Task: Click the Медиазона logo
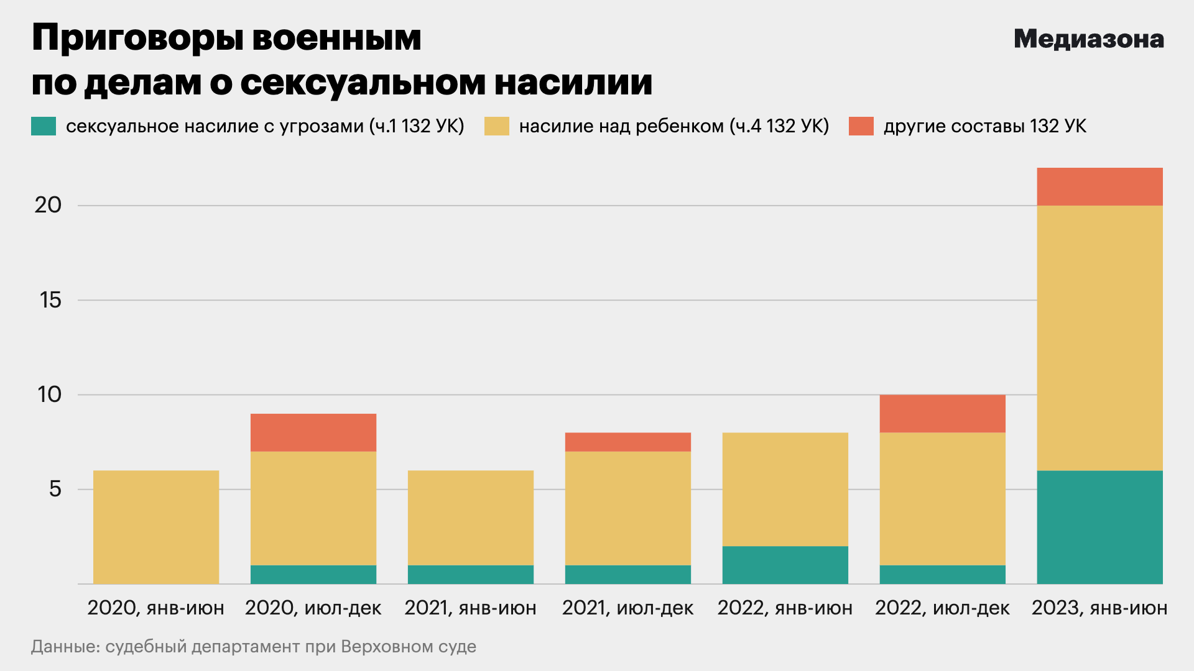point(1088,39)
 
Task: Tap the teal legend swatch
point(44,126)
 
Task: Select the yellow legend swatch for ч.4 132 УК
point(496,126)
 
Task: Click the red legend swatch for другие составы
point(861,126)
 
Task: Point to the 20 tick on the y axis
point(49,205)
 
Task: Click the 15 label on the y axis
point(50,300)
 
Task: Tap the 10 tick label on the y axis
point(50,395)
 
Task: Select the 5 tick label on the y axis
point(55,489)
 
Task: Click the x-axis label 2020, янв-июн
point(155,608)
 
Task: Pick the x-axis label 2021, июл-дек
point(627,608)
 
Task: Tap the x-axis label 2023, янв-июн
point(1099,608)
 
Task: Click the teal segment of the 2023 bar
point(1099,527)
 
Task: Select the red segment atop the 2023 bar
point(1099,186)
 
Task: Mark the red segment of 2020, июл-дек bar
point(313,432)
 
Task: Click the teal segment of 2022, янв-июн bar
point(785,565)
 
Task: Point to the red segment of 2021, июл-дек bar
point(627,442)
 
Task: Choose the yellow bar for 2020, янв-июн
point(155,527)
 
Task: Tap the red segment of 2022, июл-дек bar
point(942,413)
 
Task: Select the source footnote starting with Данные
point(253,647)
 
